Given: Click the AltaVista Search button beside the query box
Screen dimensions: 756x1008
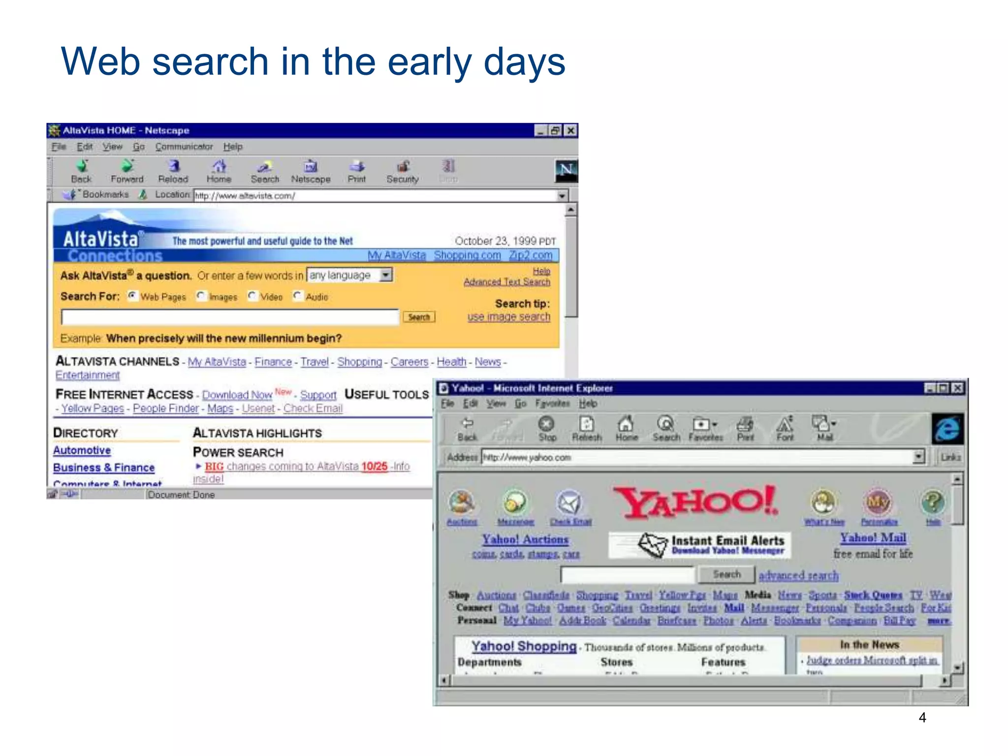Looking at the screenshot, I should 419,317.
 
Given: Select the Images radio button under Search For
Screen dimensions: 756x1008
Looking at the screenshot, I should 201,296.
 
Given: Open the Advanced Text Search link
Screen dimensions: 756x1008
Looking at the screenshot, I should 506,282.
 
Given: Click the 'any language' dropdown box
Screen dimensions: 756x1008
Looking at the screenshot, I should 349,275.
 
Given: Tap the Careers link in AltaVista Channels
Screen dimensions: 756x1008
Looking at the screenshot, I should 409,362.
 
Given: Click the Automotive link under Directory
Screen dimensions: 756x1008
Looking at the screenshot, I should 82,450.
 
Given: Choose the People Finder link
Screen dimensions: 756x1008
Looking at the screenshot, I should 165,409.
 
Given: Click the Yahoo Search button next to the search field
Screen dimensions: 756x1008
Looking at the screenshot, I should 726,574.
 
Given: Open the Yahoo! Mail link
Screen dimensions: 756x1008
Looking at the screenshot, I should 873,538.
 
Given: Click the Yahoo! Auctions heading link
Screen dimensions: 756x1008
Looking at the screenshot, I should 525,539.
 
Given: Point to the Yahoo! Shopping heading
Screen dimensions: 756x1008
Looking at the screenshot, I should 523,646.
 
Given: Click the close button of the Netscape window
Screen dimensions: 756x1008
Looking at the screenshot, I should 570,130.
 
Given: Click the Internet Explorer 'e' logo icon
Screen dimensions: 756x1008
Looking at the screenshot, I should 947,428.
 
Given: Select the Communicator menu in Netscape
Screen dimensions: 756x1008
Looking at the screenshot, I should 184,147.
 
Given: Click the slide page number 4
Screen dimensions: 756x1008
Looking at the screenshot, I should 922,718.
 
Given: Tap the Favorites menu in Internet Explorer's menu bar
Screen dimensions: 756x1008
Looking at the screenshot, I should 552,404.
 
